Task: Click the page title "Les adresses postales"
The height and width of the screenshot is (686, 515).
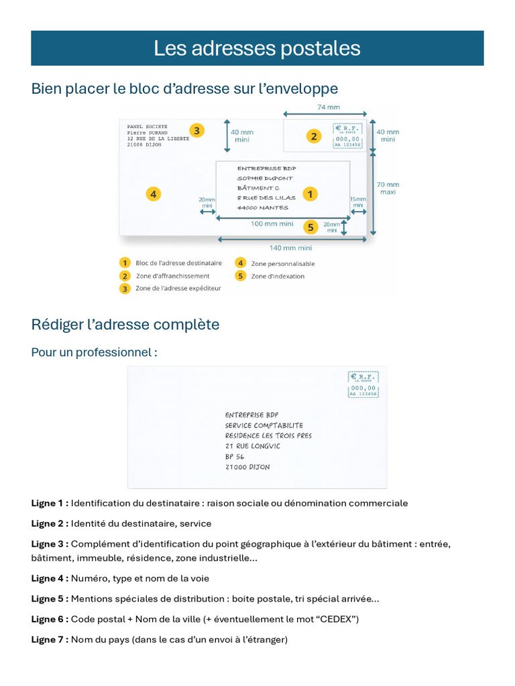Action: (x=257, y=48)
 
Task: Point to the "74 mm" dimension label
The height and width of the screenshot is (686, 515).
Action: (x=328, y=107)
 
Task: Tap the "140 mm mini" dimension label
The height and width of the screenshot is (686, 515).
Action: (x=290, y=247)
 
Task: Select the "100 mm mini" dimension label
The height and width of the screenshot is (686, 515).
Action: (x=272, y=224)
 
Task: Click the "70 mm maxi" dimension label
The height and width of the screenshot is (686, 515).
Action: (x=388, y=188)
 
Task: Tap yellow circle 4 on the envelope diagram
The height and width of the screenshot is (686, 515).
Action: (x=154, y=194)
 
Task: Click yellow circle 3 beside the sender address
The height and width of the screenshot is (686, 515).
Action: (x=196, y=131)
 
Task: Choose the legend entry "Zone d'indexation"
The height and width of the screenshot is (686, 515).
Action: (x=278, y=276)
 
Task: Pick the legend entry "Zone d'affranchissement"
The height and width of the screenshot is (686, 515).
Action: (x=172, y=276)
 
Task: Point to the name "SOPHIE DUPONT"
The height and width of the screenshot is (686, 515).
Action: (x=265, y=178)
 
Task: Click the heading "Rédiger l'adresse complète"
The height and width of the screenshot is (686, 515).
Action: (x=125, y=325)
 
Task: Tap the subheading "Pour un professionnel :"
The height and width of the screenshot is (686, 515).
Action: (x=95, y=352)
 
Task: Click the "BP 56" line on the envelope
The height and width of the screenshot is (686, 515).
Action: (x=235, y=457)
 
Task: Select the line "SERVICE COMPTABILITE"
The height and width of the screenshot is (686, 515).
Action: (x=264, y=425)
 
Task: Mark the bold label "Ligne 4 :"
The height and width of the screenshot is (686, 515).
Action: (x=50, y=578)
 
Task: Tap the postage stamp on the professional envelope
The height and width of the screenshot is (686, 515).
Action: (x=363, y=385)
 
